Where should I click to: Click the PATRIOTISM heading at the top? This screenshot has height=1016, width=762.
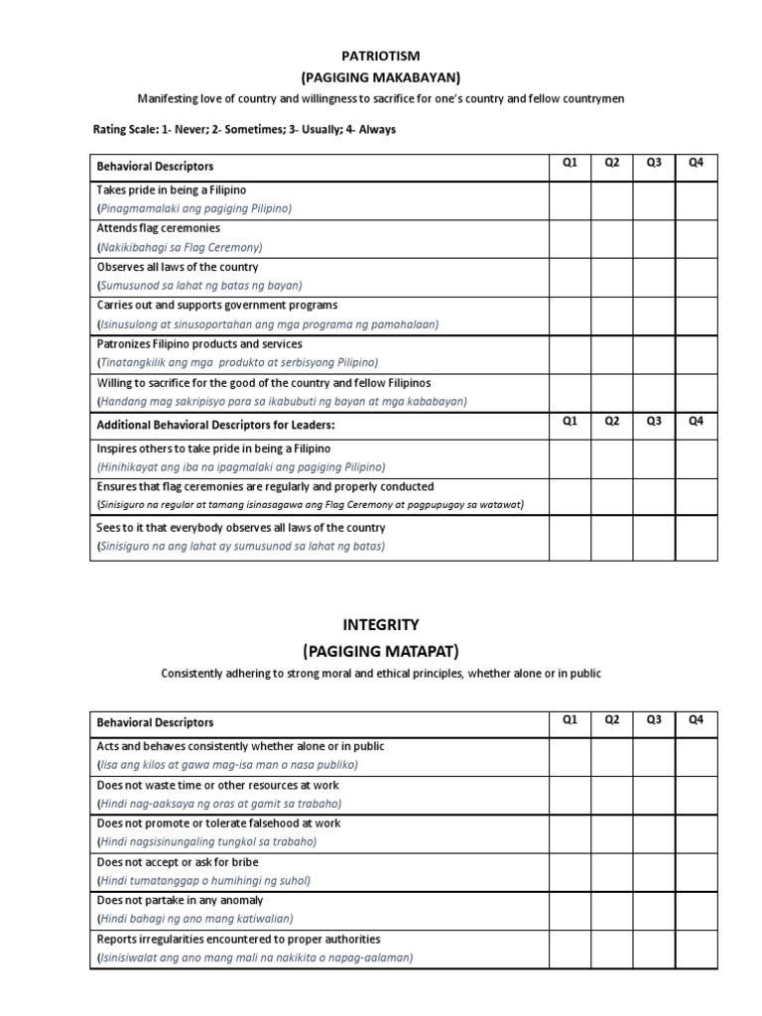coord(381,58)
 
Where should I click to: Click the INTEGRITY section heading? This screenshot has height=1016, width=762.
coord(381,625)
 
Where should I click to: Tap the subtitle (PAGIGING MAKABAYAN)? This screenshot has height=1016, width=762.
coord(381,77)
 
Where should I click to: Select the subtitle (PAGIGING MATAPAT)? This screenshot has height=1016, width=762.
coord(381,651)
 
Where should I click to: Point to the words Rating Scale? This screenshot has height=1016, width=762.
coord(126,129)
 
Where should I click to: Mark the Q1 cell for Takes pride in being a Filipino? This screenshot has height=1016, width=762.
coord(570,199)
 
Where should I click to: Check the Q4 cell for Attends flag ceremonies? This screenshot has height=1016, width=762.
coord(696,238)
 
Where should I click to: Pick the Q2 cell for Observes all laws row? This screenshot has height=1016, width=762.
coord(612,277)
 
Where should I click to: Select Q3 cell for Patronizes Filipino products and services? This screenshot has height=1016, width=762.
coord(654,354)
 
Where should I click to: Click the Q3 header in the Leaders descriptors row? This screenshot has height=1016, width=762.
coord(654,421)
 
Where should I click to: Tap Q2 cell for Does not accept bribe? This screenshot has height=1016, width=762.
coord(612,871)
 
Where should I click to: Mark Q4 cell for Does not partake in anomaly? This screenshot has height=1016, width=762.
coord(696,910)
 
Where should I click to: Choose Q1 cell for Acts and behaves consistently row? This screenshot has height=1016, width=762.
coord(570,755)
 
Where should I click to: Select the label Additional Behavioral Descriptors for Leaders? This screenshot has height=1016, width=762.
coord(215,425)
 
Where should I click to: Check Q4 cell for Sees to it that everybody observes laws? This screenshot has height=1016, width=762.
coord(696,538)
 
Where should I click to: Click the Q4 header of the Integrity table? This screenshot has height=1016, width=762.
coord(696,719)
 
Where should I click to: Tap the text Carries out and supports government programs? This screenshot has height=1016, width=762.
coord(217,306)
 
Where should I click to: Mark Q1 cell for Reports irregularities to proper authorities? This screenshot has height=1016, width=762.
coord(570,949)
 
